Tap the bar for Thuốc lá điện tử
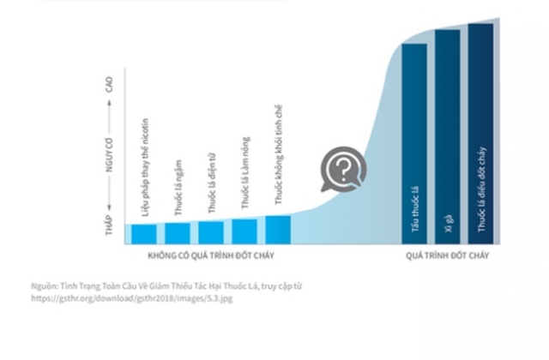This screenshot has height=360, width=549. coord(211,232)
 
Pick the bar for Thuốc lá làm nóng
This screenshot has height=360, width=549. coord(244,231)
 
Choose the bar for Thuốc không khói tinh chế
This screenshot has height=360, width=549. coord(278,230)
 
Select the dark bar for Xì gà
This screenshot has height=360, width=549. coord(448,137)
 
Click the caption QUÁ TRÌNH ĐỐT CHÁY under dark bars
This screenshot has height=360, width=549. coord(447,255)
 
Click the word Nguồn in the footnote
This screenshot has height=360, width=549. coord(44,287)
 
